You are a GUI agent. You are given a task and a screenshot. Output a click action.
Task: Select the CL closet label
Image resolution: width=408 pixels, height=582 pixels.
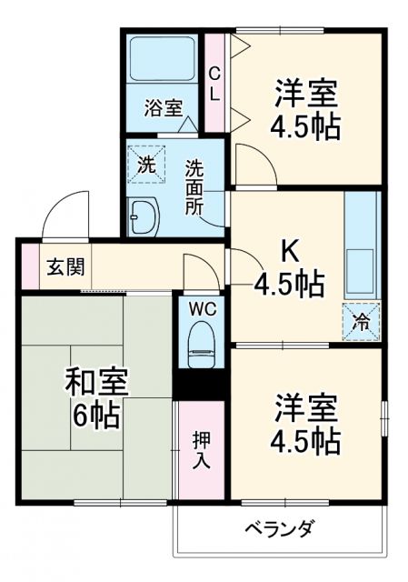(214, 83)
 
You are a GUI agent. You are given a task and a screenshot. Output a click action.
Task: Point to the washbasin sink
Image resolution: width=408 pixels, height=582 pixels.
(144, 217)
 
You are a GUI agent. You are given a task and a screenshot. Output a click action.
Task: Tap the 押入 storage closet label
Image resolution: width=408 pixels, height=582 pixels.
(202, 449)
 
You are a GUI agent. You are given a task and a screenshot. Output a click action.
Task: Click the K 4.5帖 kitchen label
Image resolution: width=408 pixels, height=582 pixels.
(289, 268)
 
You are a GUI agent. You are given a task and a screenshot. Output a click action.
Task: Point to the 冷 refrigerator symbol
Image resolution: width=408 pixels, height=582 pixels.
(361, 318)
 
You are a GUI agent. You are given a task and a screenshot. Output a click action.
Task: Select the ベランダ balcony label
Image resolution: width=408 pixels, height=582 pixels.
(279, 528)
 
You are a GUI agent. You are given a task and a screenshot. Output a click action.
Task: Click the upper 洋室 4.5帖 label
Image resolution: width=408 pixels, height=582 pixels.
(304, 109)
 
